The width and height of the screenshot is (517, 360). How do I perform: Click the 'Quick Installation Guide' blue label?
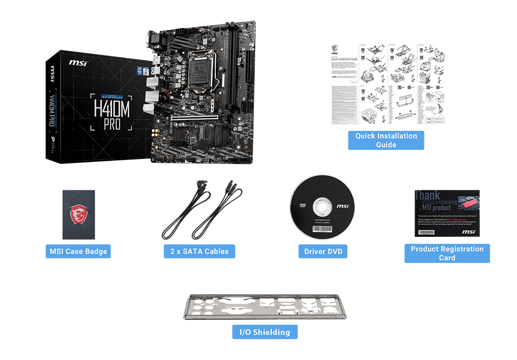(x=386, y=140)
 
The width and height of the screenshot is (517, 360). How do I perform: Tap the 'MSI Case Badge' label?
(x=78, y=252)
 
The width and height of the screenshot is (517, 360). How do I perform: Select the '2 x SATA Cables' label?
(x=199, y=252)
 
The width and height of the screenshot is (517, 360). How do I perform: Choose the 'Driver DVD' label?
(x=323, y=252)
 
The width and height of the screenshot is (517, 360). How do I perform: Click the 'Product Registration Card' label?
(x=447, y=253)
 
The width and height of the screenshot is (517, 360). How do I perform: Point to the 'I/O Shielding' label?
(x=265, y=332)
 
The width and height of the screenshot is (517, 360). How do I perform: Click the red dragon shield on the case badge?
(x=78, y=214)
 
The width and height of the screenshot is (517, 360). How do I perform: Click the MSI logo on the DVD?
(x=342, y=206)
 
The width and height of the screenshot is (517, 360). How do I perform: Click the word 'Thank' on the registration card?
(x=427, y=196)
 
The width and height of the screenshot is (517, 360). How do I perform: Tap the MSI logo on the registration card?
(x=468, y=232)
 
